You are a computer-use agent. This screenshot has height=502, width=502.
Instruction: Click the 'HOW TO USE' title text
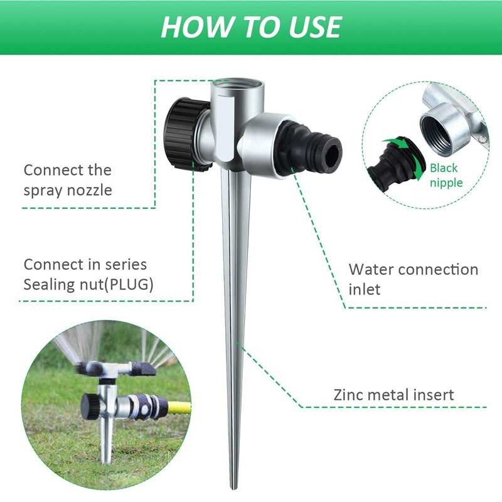tap(251, 27)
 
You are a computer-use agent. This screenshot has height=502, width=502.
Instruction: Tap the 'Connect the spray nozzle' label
tap(68, 179)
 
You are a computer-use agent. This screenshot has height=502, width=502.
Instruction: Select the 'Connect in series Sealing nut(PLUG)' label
tap(88, 274)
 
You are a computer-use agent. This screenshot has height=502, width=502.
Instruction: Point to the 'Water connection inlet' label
tap(413, 279)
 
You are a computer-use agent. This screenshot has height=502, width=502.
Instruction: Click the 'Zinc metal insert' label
tap(393, 395)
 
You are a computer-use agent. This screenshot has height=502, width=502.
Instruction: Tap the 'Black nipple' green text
tap(446, 175)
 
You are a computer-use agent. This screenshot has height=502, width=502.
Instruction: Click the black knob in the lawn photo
tap(89, 408)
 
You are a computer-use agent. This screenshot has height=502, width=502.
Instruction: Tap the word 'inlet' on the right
tap(365, 290)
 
